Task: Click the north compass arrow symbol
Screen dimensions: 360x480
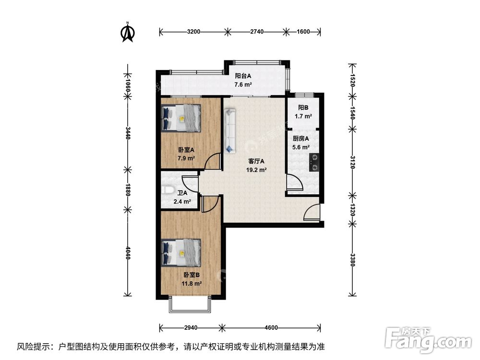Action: [128, 32]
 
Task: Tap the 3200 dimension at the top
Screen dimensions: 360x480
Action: [193, 32]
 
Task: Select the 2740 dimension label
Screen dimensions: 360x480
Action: [257, 32]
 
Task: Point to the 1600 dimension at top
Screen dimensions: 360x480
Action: [303, 32]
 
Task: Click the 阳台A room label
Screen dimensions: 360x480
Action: [243, 76]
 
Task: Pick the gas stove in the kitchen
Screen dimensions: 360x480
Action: [315, 161]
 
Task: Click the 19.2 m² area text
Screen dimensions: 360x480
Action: [257, 169]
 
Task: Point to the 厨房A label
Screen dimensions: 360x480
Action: [301, 139]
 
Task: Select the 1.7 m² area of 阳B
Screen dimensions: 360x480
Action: [302, 116]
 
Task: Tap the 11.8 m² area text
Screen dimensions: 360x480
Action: [192, 283]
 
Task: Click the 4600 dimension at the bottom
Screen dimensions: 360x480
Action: [271, 328]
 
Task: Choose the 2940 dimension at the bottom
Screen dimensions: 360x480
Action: [190, 328]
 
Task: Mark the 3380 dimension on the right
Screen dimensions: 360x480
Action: [352, 261]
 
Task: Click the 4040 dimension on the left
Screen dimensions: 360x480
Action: [128, 252]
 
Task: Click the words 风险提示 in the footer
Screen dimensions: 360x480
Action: [35, 346]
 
